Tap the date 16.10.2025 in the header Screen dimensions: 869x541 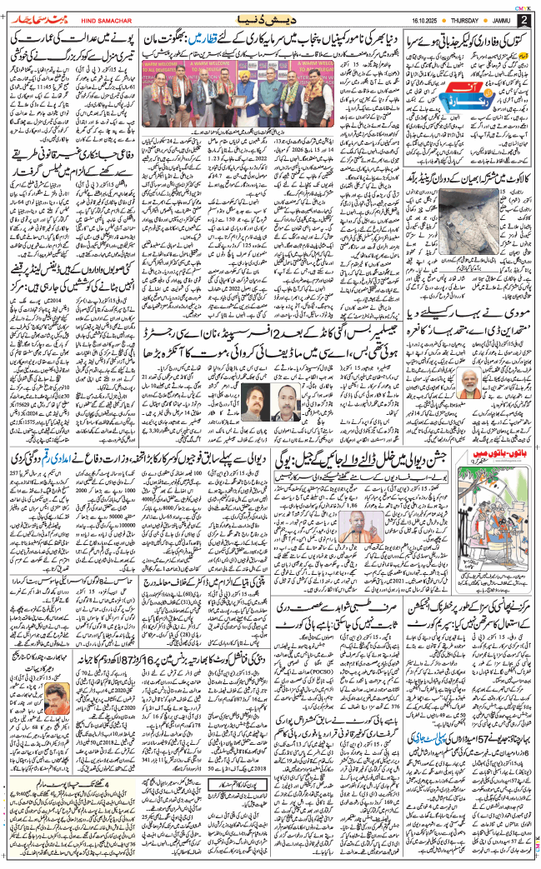[406, 18]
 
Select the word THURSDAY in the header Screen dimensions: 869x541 [456, 18]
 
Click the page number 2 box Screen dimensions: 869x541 [524, 18]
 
